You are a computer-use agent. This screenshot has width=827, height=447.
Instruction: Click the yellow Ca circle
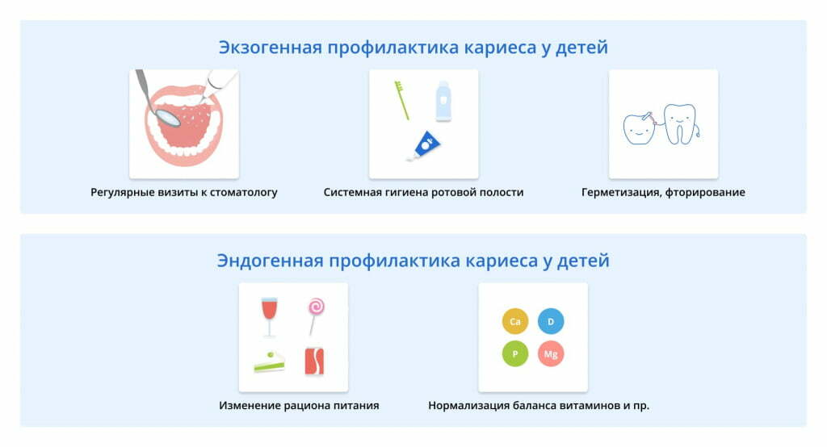point(514,321)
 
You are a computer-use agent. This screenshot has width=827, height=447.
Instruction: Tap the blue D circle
point(551,321)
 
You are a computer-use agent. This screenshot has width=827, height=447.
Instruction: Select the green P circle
point(514,353)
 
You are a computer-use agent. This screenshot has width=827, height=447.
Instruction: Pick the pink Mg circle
point(551,353)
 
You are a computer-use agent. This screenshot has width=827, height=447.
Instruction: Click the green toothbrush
point(402,99)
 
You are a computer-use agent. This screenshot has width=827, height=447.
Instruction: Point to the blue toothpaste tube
point(424,146)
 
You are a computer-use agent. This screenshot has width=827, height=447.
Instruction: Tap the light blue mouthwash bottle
point(443,101)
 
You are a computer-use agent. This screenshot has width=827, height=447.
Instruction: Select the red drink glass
point(269,316)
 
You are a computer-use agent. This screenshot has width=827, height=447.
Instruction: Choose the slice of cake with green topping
point(269,362)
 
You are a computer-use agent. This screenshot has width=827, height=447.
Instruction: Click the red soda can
point(314,361)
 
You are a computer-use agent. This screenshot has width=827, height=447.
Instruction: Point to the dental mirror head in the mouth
point(169,116)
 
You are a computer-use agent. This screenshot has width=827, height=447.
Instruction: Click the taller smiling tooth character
point(680,124)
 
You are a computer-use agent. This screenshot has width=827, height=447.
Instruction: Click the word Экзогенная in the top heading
point(271,48)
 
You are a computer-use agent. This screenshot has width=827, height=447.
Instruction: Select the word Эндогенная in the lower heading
point(270,261)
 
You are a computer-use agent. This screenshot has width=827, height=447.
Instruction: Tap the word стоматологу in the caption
point(244,193)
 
